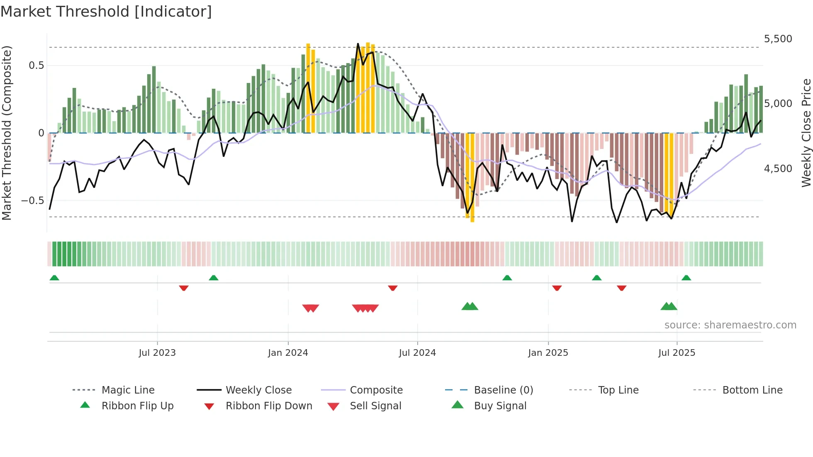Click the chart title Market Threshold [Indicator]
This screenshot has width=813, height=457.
(x=106, y=12)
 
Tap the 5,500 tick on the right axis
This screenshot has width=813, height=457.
(x=778, y=39)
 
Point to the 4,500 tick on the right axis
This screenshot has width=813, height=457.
(x=778, y=169)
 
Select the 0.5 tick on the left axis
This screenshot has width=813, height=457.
(x=36, y=66)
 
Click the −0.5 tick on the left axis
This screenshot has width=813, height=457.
(x=33, y=201)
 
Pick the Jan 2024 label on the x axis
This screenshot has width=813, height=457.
(x=288, y=353)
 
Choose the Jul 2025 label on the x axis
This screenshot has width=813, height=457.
(x=677, y=353)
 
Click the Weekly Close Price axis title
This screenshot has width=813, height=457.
(x=806, y=133)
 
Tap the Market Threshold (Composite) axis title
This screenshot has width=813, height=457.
(x=7, y=133)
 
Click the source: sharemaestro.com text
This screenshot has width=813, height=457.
(x=730, y=325)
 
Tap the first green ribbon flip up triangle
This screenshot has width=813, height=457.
(x=54, y=278)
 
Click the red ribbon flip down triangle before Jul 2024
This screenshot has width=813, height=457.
(x=392, y=288)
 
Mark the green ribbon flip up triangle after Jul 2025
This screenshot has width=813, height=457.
(x=686, y=278)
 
